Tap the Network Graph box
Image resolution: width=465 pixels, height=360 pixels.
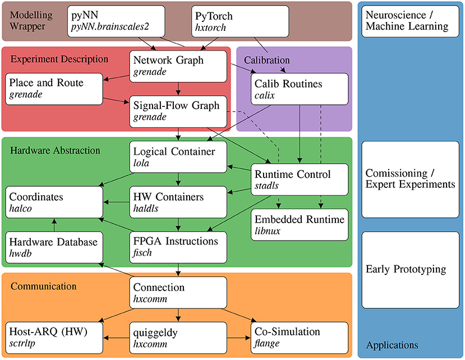178,65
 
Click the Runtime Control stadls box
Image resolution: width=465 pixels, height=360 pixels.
298,179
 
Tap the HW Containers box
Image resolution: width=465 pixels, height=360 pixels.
178,202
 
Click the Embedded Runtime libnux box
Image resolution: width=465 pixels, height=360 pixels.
298,224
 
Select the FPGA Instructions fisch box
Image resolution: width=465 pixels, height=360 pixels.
178,247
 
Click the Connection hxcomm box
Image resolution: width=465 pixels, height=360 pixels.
178,292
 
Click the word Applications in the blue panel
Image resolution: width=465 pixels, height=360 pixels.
392,345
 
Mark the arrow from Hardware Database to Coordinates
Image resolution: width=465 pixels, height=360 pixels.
54,225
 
